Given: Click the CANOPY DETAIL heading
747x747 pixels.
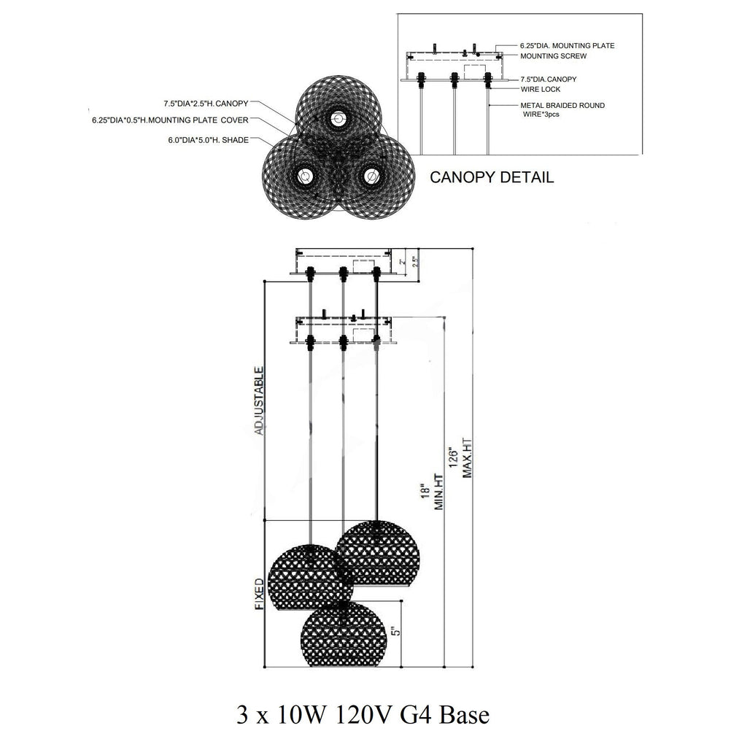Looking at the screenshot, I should point(491,177).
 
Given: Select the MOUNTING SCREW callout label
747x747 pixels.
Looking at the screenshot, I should point(553,55).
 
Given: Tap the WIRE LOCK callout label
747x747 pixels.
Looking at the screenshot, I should point(540,89).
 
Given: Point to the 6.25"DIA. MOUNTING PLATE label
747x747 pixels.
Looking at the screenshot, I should point(567,45).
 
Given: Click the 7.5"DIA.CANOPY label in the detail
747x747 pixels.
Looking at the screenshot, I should point(548,79).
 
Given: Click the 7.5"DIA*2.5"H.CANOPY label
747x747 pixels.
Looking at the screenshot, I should point(206,103).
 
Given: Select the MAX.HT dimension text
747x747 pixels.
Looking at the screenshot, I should point(468,457).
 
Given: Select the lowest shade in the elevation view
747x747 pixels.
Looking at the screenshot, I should point(342,634).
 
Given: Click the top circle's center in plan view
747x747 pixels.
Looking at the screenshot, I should point(337,117).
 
